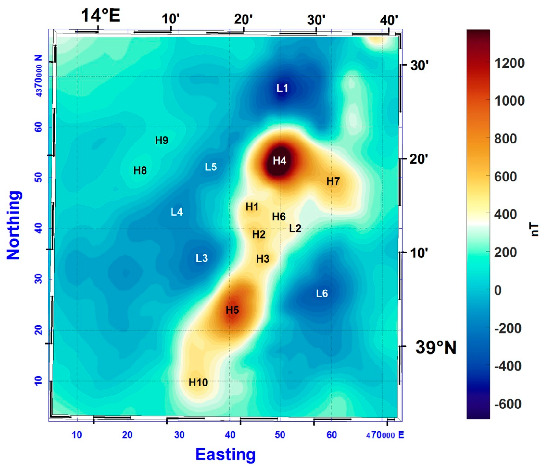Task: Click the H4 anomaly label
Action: pos(279,161)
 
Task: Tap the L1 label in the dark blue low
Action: pos(282,88)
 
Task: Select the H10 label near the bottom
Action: pos(198,383)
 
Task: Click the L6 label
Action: pos(322,294)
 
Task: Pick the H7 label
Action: pos(333,181)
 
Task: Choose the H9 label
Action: pos(161,141)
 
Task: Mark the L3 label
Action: pos(201,258)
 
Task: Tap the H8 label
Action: pos(140,171)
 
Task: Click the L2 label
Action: pos(295,228)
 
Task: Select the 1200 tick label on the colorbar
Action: pos(509,63)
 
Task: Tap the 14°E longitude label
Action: pos(101,16)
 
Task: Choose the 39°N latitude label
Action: pos(436,348)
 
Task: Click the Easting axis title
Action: pos(225,454)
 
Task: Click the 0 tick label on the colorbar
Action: pos(498,290)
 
